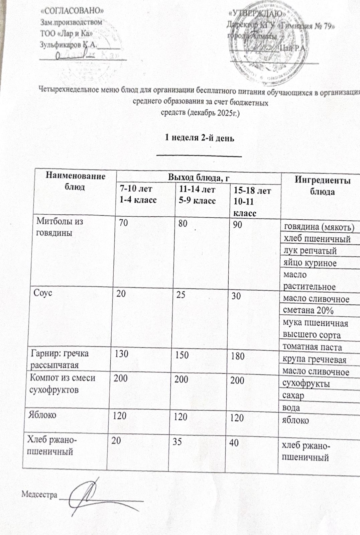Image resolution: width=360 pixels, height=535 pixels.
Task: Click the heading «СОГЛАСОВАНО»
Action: click(x=72, y=11)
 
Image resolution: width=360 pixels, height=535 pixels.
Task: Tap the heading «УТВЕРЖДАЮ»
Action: click(x=257, y=14)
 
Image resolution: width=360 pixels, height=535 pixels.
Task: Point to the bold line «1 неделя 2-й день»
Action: click(x=200, y=138)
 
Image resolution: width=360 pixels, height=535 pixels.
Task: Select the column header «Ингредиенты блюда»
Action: click(x=322, y=186)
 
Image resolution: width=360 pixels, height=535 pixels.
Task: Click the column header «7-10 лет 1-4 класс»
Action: click(x=135, y=194)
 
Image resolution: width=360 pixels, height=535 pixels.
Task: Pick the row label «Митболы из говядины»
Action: click(x=59, y=227)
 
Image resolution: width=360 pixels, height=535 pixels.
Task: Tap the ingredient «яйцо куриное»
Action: click(x=310, y=263)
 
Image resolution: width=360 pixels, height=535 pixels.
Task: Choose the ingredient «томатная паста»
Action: click(x=312, y=347)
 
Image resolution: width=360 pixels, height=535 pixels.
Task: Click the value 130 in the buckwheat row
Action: click(x=121, y=354)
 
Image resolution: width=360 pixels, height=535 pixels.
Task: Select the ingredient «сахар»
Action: click(x=293, y=396)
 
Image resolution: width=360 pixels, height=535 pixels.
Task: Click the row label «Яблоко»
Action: click(x=42, y=415)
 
